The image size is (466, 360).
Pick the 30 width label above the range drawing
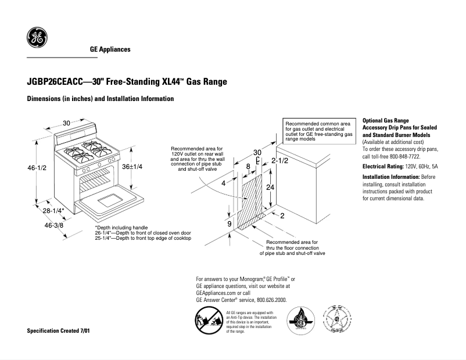[x=67, y=123]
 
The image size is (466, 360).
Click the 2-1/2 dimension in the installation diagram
[x=280, y=160]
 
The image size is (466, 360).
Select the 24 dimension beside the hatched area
[x=270, y=187]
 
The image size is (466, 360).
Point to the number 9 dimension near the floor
[x=230, y=224]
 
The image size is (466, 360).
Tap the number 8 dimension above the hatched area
[x=248, y=167]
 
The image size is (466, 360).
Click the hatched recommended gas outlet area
[x=250, y=200]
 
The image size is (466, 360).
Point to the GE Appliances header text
[x=110, y=49]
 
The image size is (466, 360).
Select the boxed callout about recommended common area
[x=318, y=132]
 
